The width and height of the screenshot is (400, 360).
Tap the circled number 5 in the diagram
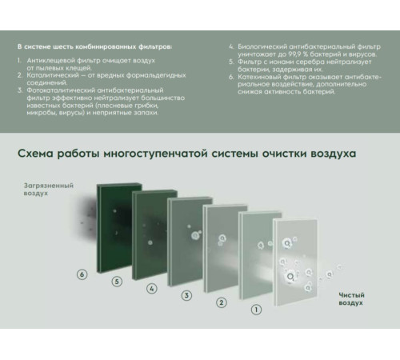[117, 282]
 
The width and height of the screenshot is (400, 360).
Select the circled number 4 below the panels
[152, 288]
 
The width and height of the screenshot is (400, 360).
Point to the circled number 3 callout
[186, 295]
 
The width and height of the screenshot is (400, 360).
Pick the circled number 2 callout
[221, 302]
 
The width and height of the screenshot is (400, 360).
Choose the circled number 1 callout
[255, 309]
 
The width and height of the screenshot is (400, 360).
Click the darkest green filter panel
[117, 228]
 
